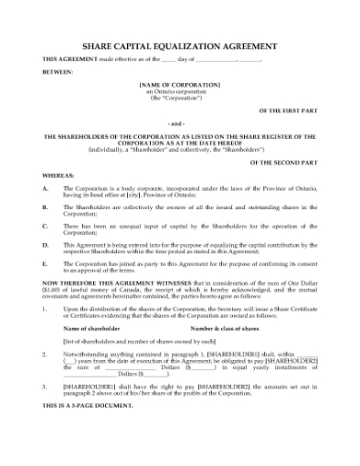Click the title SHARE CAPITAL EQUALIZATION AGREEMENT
[180, 43]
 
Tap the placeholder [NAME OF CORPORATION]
[180, 83]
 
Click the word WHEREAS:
[58, 173]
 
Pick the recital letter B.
[46, 207]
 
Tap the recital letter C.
[46, 225]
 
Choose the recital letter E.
[46, 263]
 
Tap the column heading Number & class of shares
[226, 326]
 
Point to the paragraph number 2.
[45, 351]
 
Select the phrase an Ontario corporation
[180, 90]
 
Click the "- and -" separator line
[180, 122]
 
